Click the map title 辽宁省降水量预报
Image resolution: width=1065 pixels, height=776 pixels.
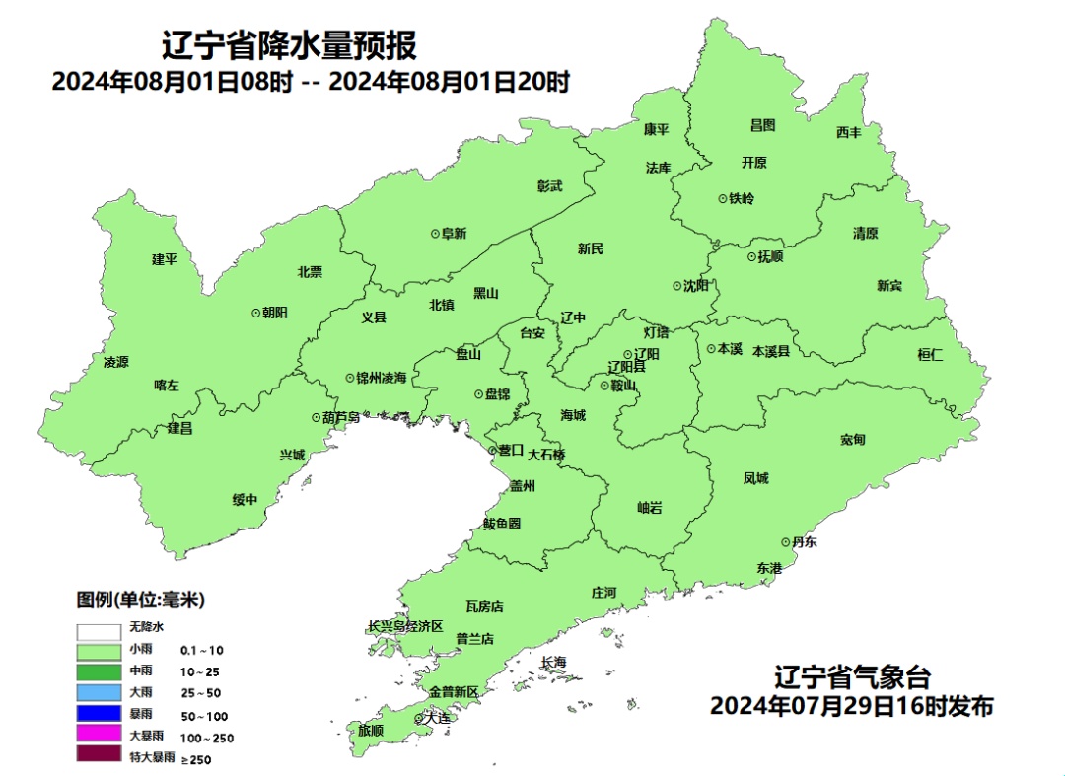(x=289, y=45)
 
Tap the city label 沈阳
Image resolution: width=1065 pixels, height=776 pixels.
(x=696, y=286)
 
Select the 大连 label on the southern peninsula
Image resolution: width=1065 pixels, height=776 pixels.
(x=437, y=719)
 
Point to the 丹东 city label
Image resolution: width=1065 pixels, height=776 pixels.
(x=805, y=542)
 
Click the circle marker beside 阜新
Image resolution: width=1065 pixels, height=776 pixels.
(x=435, y=234)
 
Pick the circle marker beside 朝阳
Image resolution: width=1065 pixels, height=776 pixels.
(x=256, y=312)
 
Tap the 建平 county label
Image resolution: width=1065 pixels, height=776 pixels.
(x=165, y=259)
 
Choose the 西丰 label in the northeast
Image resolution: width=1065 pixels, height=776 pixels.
(x=849, y=132)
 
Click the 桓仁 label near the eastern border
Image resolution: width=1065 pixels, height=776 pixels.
(x=930, y=355)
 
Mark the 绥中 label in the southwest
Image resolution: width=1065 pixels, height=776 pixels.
(x=245, y=500)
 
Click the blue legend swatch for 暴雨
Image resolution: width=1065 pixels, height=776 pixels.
(x=98, y=714)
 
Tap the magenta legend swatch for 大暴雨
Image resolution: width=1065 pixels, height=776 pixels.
(x=98, y=736)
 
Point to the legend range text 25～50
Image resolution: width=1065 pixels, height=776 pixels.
(x=200, y=693)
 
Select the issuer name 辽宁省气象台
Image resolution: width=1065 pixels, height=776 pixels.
(x=851, y=679)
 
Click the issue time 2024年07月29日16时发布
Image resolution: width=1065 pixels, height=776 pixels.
(x=851, y=707)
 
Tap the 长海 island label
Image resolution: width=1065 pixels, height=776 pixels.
(x=554, y=662)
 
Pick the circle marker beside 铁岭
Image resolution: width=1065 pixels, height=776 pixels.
(x=723, y=198)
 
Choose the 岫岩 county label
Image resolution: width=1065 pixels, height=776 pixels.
(x=650, y=508)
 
